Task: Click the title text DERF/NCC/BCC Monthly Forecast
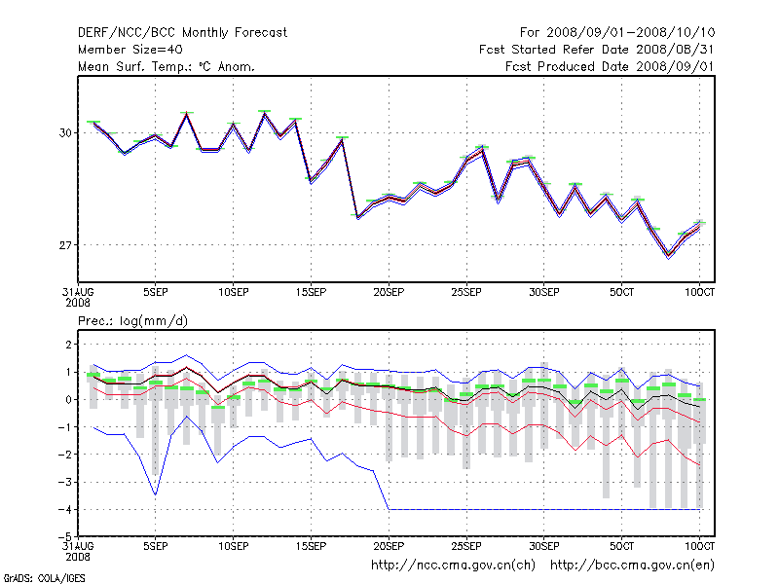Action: point(182,32)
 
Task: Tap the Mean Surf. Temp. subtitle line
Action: point(167,66)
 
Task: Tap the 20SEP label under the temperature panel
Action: point(388,292)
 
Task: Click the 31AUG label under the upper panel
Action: point(78,292)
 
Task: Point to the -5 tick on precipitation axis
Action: point(65,536)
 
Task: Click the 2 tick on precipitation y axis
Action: point(68,345)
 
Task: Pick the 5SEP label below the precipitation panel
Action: point(155,545)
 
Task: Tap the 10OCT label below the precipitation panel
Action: point(699,545)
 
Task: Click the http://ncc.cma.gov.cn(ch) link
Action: point(455,565)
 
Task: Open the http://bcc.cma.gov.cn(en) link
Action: point(632,565)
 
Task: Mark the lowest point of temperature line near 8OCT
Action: point(668,256)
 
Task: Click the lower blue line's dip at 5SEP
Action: point(155,494)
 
